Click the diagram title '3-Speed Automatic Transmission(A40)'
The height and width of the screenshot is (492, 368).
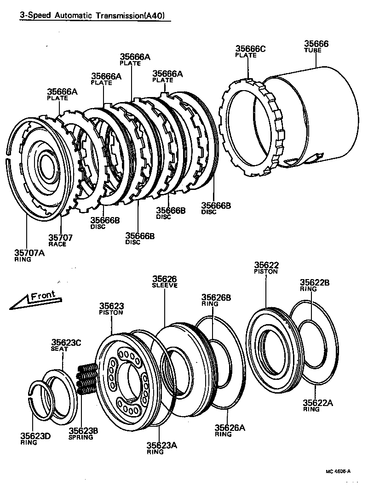pos(92,16)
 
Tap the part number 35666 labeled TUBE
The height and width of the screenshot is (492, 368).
pos(316,46)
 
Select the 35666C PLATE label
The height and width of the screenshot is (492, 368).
pos(251,51)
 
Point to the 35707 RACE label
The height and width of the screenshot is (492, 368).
pos(60,240)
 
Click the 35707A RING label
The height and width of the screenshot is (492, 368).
pos(29,255)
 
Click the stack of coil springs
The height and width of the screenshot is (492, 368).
pos(86,379)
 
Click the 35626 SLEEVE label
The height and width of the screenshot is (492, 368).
pos(165,281)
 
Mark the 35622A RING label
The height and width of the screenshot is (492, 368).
pos(317,406)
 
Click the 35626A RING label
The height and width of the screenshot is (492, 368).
pos(230,430)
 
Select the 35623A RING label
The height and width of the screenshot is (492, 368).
pos(161,448)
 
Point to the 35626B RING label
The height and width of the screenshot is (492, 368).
pos(216,300)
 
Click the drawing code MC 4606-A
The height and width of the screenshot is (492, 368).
pos(339,471)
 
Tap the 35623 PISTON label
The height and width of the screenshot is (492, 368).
pos(111,309)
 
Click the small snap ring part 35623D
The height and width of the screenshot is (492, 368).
pos(39,395)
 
